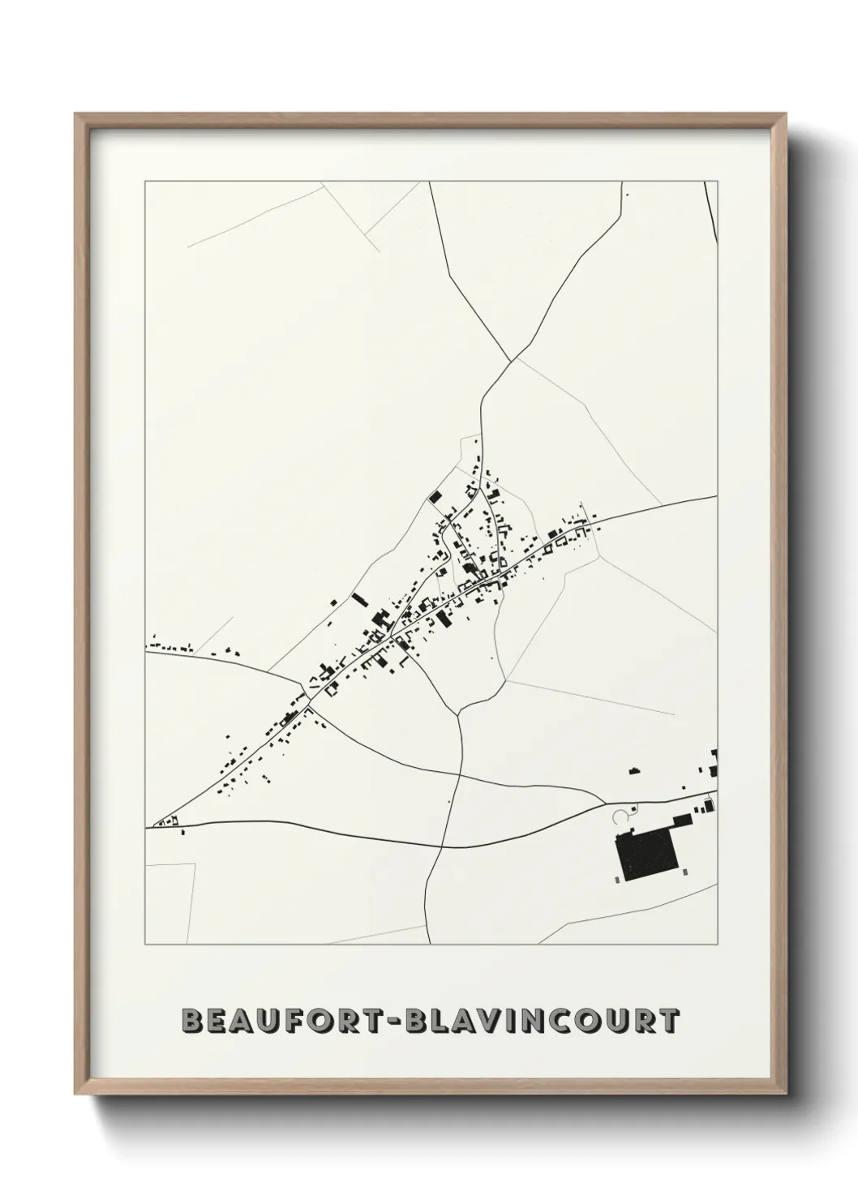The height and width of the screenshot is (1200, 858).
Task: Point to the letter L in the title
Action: pos(440,1021)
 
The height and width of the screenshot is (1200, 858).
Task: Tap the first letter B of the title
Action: pos(192,1021)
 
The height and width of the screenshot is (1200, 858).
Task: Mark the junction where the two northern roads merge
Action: pos(509,361)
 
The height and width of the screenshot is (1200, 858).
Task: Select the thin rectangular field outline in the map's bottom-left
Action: pos(171,904)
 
